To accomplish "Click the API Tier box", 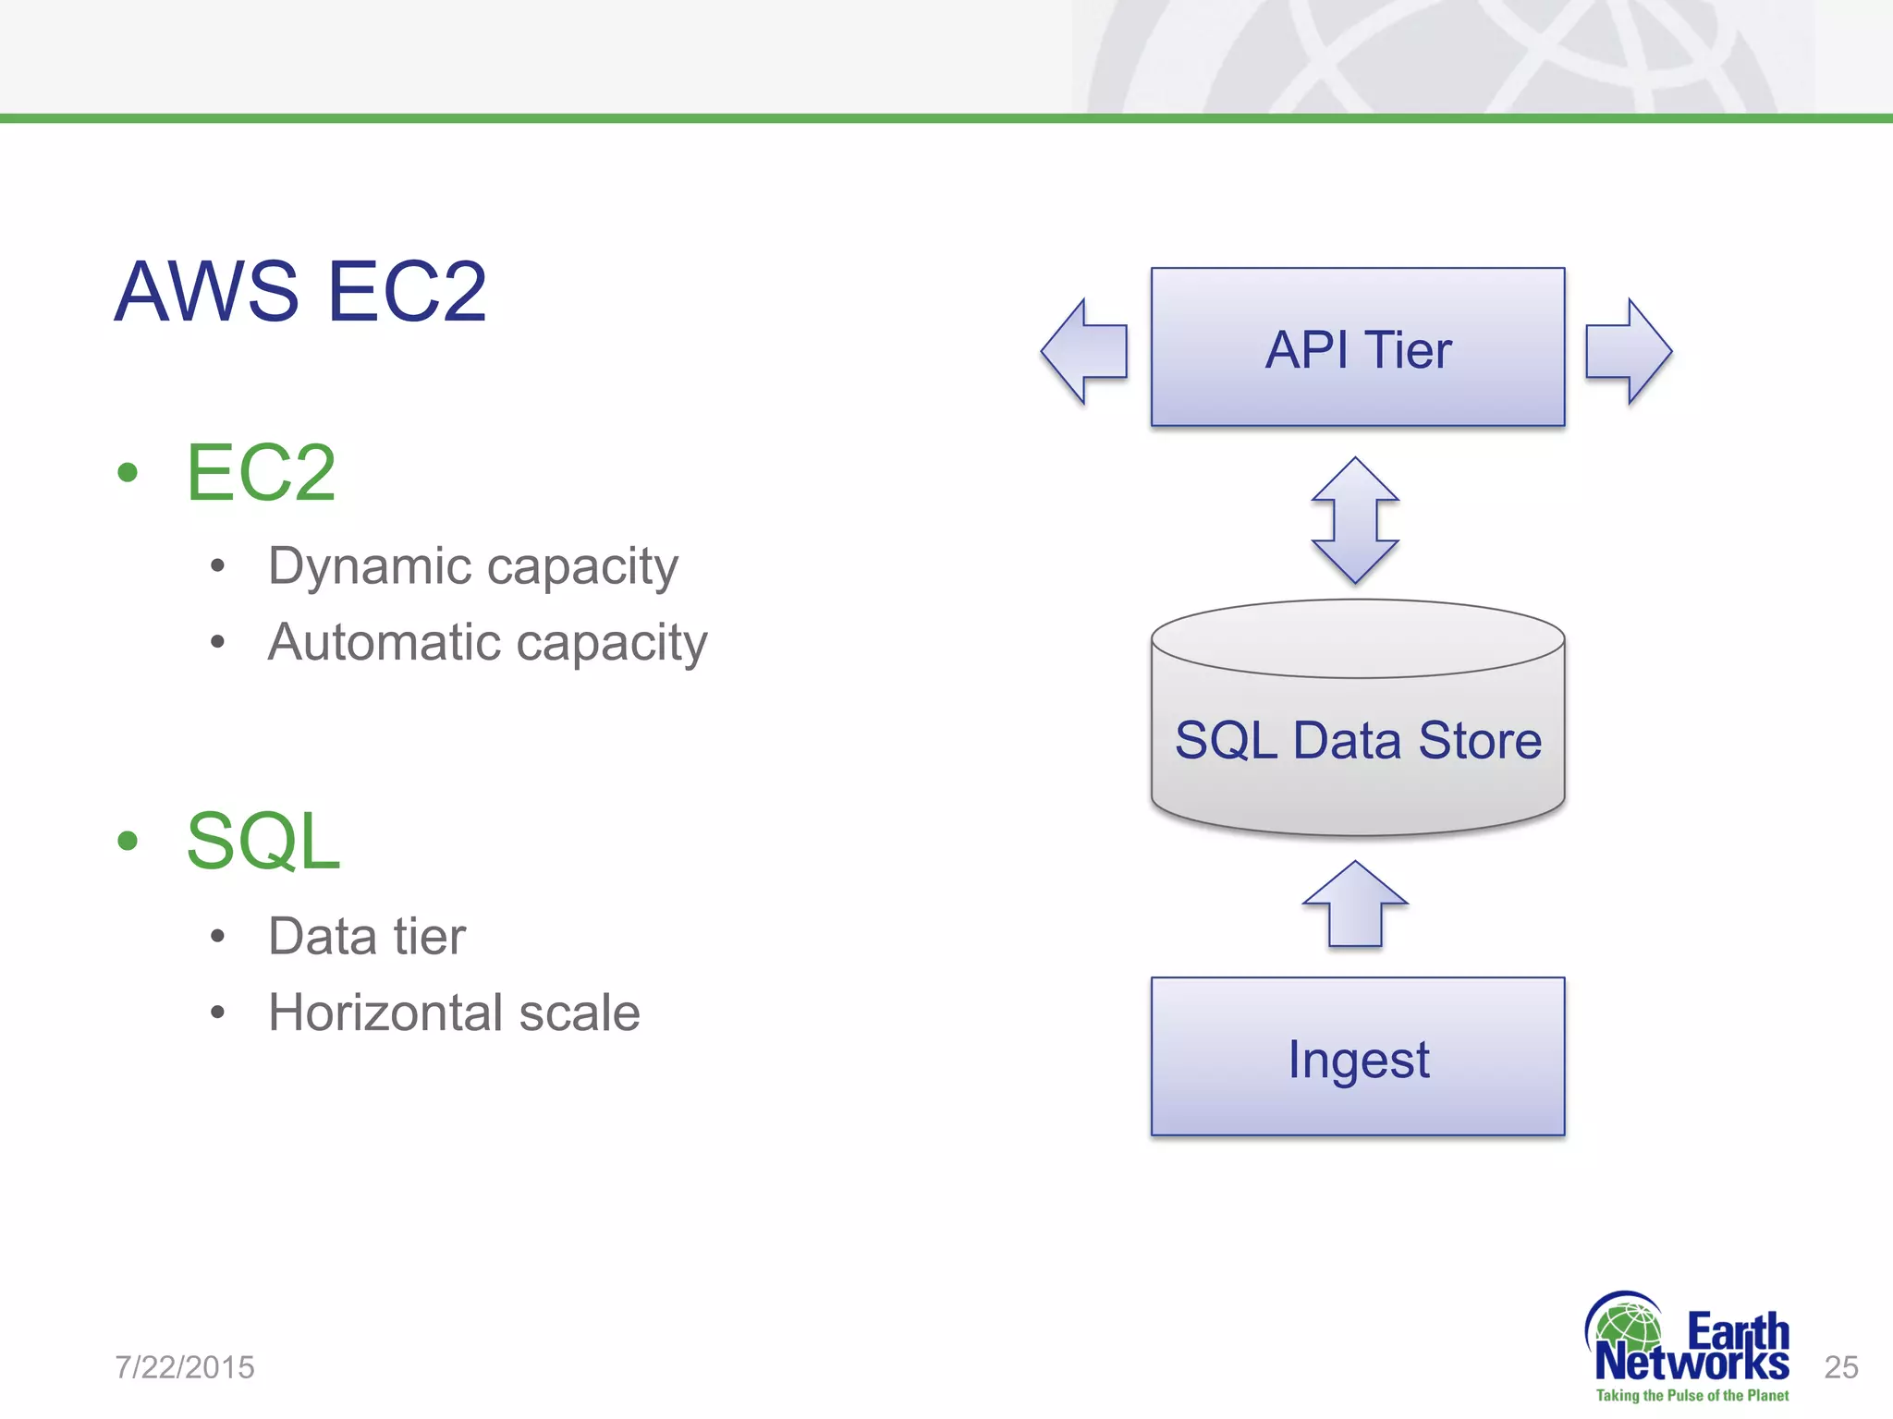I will pyautogui.click(x=1357, y=347).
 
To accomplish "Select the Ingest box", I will pyautogui.click(x=1357, y=1057).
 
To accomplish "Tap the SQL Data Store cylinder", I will pyautogui.click(x=1357, y=730).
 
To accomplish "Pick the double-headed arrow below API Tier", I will pyautogui.click(x=1355, y=520).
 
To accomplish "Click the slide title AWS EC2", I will pyautogui.click(x=300, y=292).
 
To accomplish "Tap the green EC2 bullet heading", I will pyautogui.click(x=261, y=472).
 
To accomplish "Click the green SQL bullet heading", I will pyautogui.click(x=263, y=841).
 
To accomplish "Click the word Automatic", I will pyautogui.click(x=384, y=642).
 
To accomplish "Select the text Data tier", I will pyautogui.click(x=367, y=936).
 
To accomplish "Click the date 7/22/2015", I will pyautogui.click(x=185, y=1367).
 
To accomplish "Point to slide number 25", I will pyautogui.click(x=1840, y=1367).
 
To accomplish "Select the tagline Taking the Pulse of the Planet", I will pyautogui.click(x=1691, y=1396).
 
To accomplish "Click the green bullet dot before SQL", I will pyautogui.click(x=128, y=841).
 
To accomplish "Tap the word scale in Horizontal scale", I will pyautogui.click(x=580, y=1013).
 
